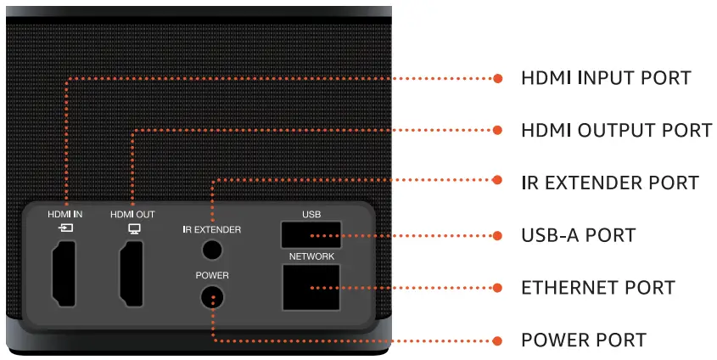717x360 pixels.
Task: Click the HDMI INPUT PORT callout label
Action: click(x=606, y=78)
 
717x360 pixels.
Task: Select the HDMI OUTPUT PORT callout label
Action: click(x=616, y=131)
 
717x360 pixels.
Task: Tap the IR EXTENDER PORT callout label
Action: click(x=609, y=183)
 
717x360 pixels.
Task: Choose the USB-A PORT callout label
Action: click(x=578, y=234)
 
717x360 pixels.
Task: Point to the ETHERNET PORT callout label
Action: click(x=597, y=287)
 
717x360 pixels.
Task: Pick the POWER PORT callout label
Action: click(x=584, y=340)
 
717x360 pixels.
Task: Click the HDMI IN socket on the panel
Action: click(x=64, y=273)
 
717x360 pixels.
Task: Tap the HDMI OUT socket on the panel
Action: click(x=132, y=273)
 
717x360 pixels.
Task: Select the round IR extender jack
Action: click(x=210, y=250)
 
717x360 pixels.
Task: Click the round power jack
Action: click(x=210, y=297)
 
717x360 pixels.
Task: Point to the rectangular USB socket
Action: click(x=311, y=234)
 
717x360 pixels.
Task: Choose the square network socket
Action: click(x=311, y=287)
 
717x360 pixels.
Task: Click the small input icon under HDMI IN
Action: click(x=65, y=228)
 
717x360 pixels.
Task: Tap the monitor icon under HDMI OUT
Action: click(x=132, y=228)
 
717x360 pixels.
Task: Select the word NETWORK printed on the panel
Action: click(x=311, y=256)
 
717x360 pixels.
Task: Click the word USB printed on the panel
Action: click(x=311, y=214)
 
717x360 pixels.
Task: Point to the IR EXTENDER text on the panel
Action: click(x=212, y=229)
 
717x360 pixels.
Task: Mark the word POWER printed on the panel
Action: click(x=212, y=276)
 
